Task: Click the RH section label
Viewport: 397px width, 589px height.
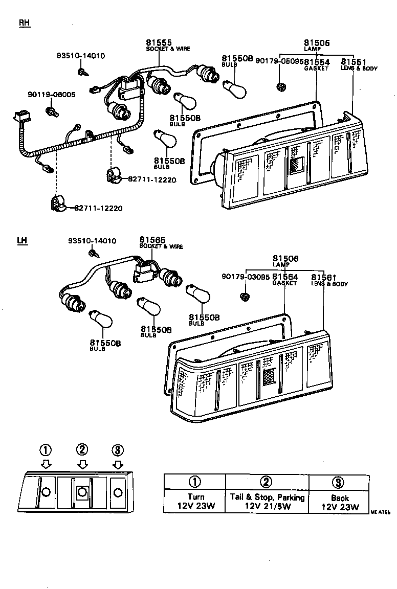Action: tap(25, 23)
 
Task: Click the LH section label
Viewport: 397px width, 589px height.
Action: tap(22, 241)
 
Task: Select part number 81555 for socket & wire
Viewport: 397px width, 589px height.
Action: tap(159, 42)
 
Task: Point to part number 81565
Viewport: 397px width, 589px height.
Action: tap(151, 240)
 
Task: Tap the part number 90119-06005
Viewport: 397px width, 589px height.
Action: tap(52, 95)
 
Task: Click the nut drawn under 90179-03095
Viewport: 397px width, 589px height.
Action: tap(245, 297)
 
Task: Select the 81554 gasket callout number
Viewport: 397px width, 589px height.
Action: tap(317, 62)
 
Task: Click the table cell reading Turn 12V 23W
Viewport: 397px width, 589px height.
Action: tap(195, 502)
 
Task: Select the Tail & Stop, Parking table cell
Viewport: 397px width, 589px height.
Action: tap(267, 502)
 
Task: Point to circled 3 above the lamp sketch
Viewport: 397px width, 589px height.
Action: tap(118, 450)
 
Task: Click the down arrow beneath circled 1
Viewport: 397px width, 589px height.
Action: tap(46, 464)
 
